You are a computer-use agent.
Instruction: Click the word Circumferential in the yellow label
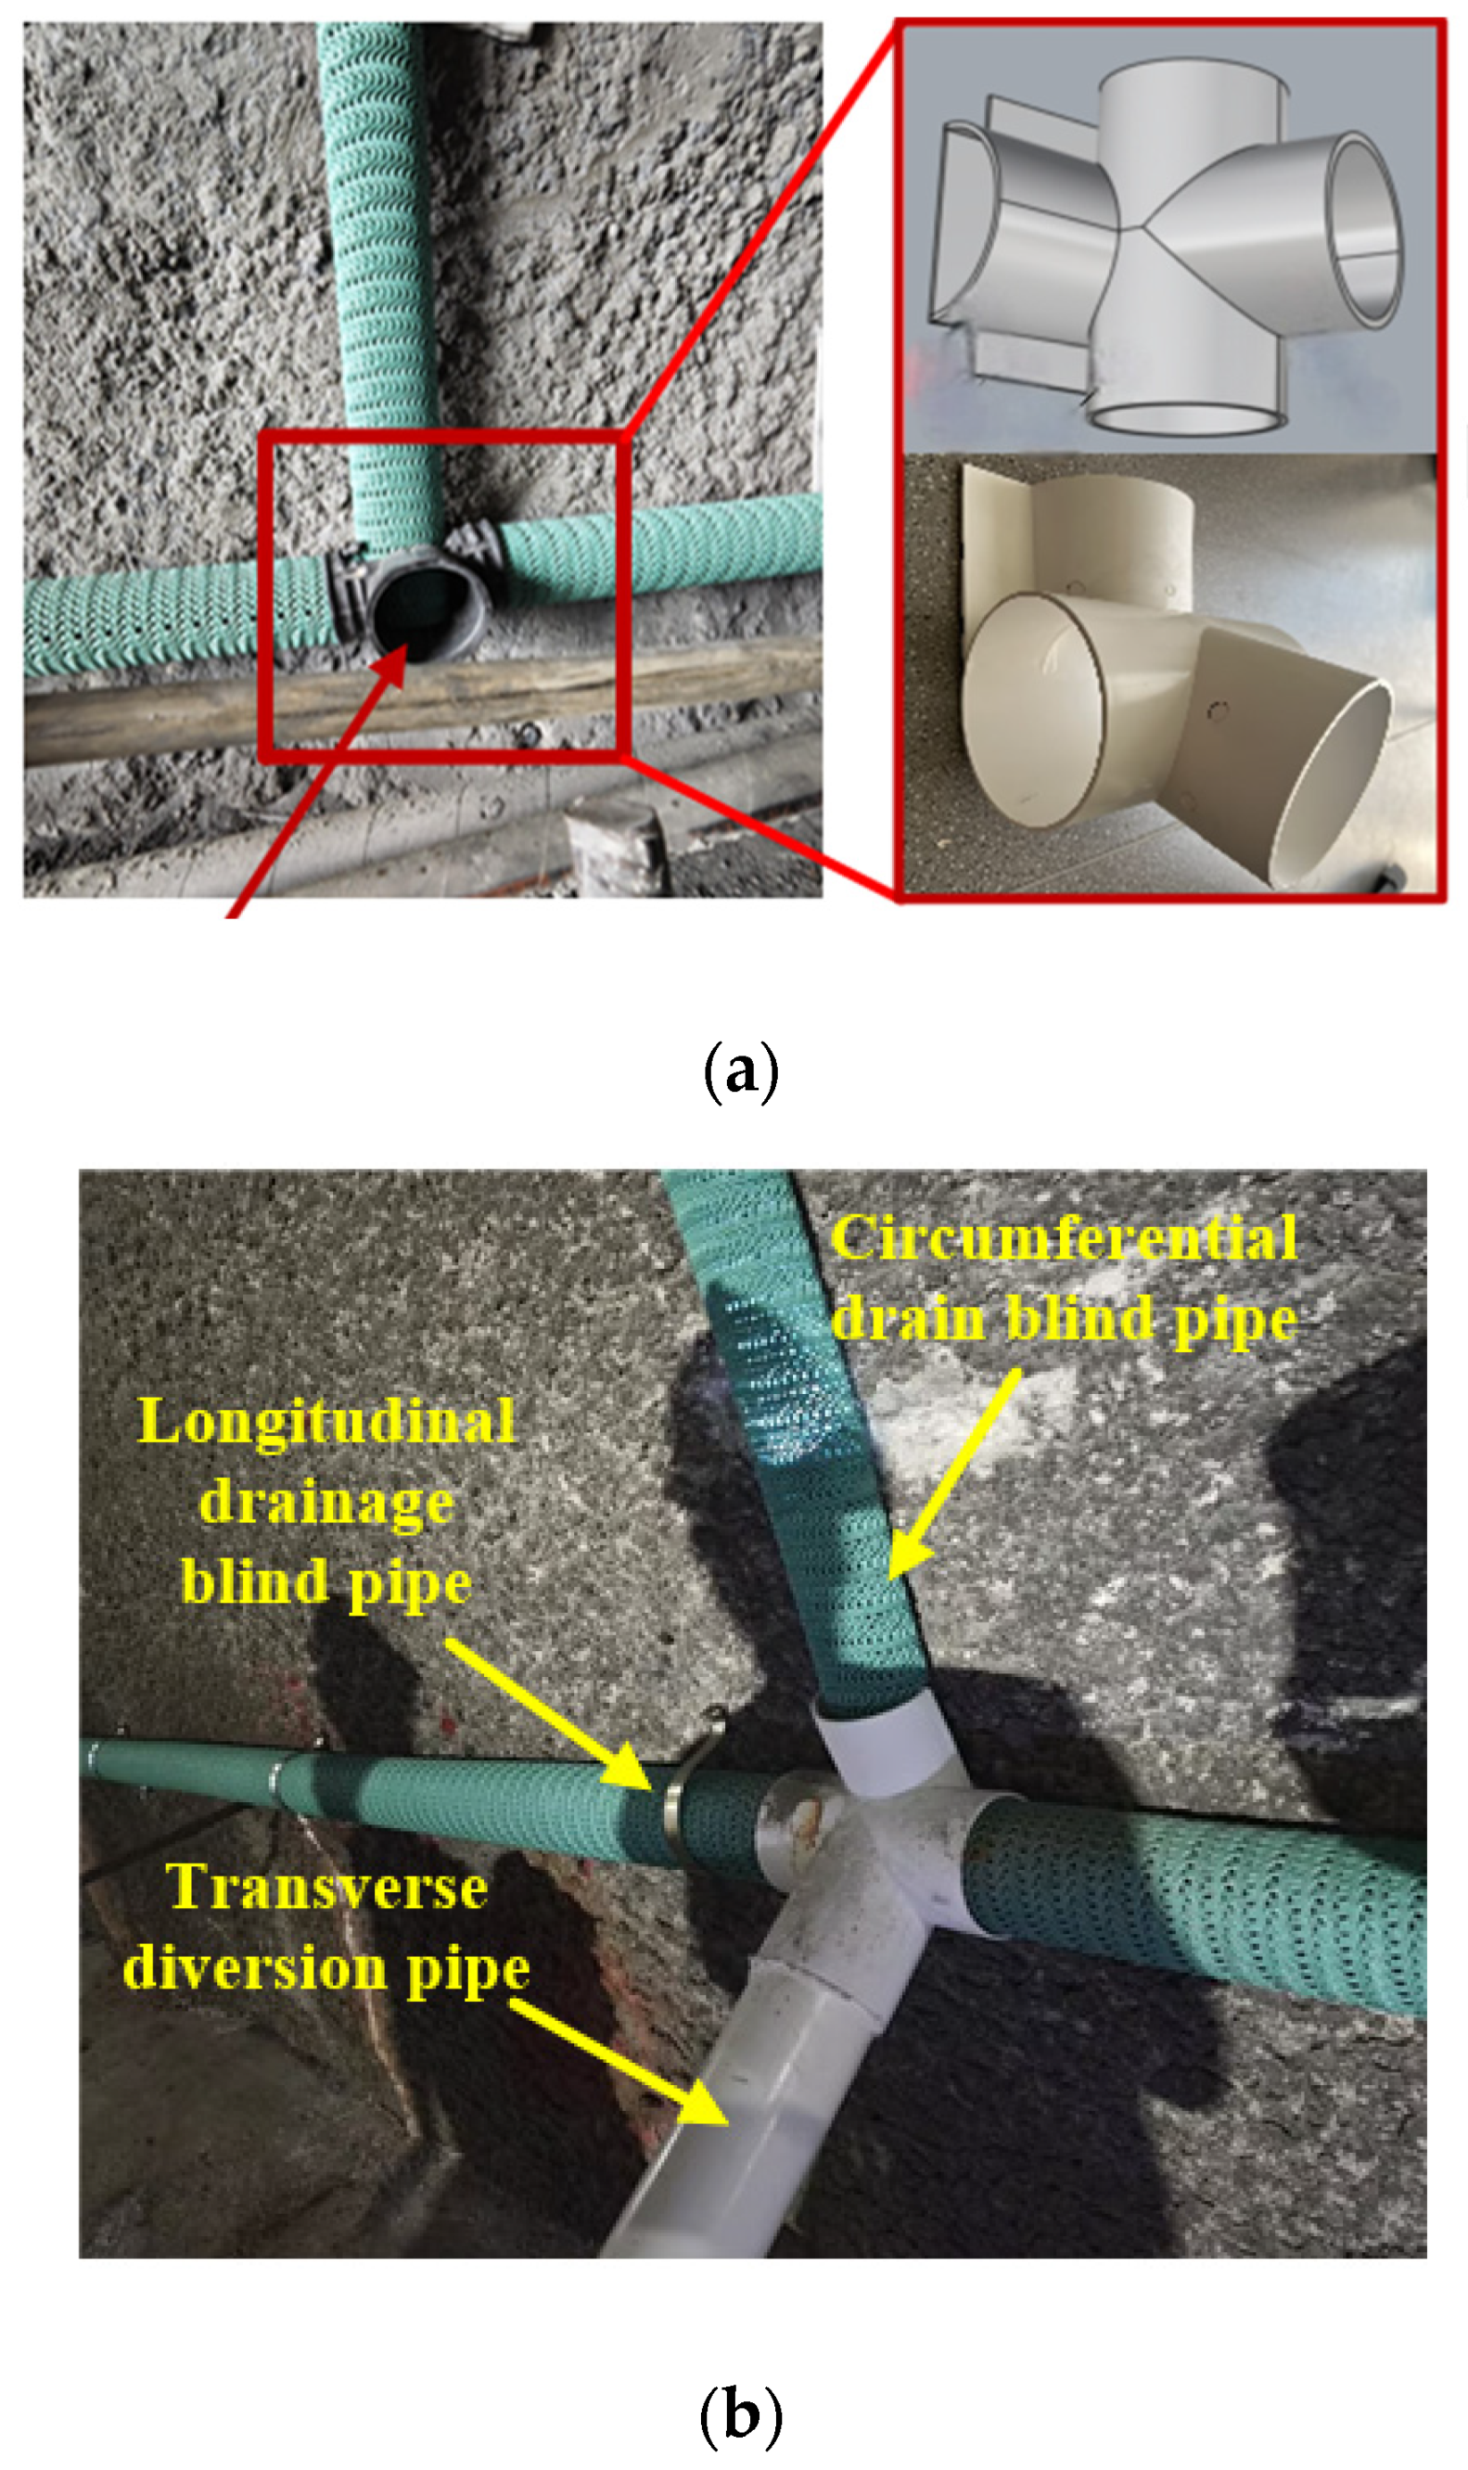(1064, 1237)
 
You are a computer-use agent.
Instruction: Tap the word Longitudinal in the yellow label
(326, 1424)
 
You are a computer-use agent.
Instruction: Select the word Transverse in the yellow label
(326, 1888)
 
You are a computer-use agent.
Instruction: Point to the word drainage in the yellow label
(326, 1503)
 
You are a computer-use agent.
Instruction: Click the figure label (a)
(740, 1070)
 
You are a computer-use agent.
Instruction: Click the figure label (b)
(740, 2414)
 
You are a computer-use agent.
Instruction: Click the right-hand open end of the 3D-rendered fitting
(1363, 229)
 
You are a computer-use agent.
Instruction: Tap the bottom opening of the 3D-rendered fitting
(1182, 417)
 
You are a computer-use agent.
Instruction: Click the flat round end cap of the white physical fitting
(1034, 710)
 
